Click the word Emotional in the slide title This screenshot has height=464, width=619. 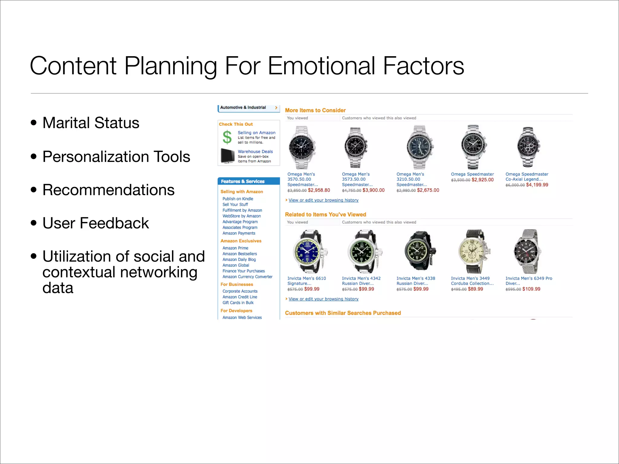tap(322, 66)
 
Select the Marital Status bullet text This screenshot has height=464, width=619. tap(91, 123)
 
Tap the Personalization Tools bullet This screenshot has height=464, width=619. tap(116, 157)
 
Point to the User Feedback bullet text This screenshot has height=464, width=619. tap(96, 223)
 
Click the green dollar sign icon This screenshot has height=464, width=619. tap(227, 137)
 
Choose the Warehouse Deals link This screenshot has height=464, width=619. tap(255, 152)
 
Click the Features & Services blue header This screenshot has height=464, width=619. tap(243, 181)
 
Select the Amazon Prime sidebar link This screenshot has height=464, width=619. tap(235, 248)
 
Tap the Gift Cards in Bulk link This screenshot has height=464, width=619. tap(238, 303)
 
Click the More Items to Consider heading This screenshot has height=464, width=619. tap(315, 111)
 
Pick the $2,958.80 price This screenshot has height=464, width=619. tap(319, 190)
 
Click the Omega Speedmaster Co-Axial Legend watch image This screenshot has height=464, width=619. tap(528, 147)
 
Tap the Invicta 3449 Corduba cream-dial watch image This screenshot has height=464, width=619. tap(473, 251)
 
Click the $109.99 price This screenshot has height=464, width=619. tap(531, 289)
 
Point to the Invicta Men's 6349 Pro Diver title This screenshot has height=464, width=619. tap(529, 279)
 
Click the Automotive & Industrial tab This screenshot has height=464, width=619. tap(243, 108)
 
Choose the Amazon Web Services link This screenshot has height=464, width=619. tap(242, 317)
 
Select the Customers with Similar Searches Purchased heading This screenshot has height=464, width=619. tap(343, 313)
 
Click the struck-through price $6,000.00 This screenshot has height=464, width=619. tap(515, 185)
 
